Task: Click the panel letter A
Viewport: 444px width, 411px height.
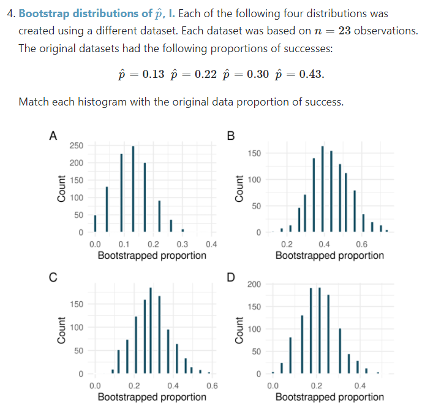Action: pos(53,136)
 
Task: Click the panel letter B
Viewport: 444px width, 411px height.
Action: pos(230,136)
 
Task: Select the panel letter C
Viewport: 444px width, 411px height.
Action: pos(53,277)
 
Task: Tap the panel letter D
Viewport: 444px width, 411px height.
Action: pos(230,277)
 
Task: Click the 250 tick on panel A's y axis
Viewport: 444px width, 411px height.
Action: pos(77,145)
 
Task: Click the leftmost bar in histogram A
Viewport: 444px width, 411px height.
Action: pos(95,223)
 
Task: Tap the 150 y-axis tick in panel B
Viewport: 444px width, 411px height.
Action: pos(255,153)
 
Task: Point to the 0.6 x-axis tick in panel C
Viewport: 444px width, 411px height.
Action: pos(212,386)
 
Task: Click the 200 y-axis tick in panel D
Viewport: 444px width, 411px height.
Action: pos(254,284)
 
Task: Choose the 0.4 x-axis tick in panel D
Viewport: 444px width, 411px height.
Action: pos(361,386)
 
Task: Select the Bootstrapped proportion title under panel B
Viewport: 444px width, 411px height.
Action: pos(329,255)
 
